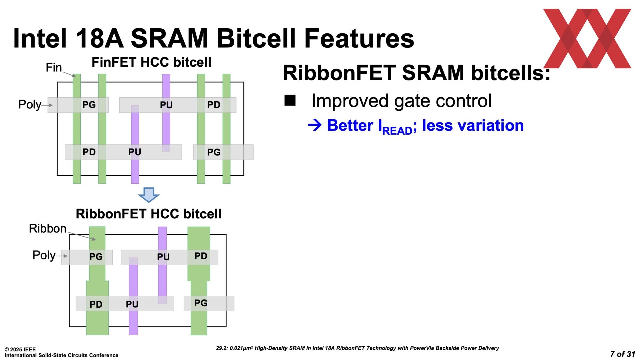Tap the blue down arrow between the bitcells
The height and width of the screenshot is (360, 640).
(x=149, y=195)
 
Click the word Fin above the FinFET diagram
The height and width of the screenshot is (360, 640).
(x=54, y=68)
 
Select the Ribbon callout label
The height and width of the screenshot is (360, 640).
(x=48, y=229)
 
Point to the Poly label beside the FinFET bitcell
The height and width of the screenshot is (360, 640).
(x=30, y=105)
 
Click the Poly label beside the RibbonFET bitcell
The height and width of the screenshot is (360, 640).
(x=44, y=255)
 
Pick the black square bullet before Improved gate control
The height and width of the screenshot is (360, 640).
(x=290, y=100)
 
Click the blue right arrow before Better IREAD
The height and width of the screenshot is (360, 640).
(x=315, y=125)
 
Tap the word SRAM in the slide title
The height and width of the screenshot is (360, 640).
(x=170, y=38)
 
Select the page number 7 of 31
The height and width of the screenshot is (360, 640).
(x=623, y=354)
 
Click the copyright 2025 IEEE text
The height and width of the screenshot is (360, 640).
(x=20, y=349)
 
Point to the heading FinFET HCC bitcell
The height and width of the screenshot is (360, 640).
(x=151, y=62)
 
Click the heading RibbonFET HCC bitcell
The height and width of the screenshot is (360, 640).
(x=149, y=214)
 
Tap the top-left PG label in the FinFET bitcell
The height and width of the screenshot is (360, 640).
(x=89, y=105)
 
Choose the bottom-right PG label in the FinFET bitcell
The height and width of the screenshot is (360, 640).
(x=214, y=152)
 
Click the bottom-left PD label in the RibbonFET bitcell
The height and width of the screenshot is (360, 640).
(x=96, y=304)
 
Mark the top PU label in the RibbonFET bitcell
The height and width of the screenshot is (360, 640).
(x=163, y=257)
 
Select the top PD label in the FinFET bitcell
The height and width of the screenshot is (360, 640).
(x=214, y=105)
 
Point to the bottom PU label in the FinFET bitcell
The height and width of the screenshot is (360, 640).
(x=135, y=152)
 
